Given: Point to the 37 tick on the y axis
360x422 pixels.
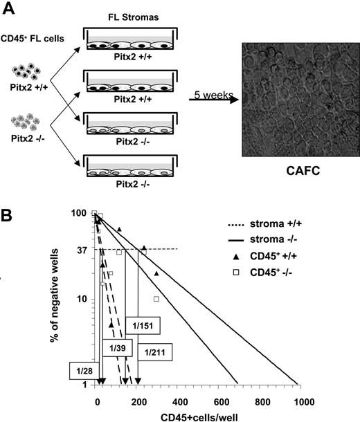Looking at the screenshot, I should coord(80,249).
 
